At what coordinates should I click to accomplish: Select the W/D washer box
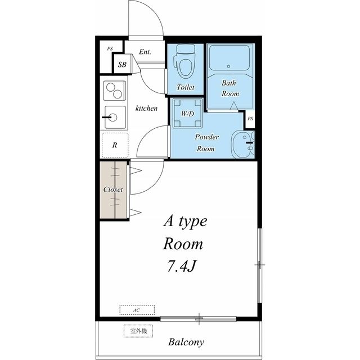[187, 113]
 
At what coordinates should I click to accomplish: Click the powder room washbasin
[243, 145]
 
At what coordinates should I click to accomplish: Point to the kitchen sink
[115, 118]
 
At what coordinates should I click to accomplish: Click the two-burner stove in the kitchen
[114, 91]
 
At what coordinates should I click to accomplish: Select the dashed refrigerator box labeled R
[115, 145]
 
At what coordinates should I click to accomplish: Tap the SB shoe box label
[122, 65]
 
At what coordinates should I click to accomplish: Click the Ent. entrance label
[145, 52]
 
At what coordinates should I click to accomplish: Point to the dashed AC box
[137, 310]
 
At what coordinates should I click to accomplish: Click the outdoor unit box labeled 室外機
[138, 331]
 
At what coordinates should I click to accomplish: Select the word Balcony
[186, 342]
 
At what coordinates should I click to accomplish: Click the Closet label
[113, 190]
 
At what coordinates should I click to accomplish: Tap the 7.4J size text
[181, 267]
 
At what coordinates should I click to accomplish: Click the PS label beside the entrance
[110, 49]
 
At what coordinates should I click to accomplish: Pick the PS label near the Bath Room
[250, 119]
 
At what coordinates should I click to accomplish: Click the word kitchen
[146, 108]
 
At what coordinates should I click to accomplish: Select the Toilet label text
[186, 87]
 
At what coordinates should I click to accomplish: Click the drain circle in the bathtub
[228, 66]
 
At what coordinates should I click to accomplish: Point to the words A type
[185, 222]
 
